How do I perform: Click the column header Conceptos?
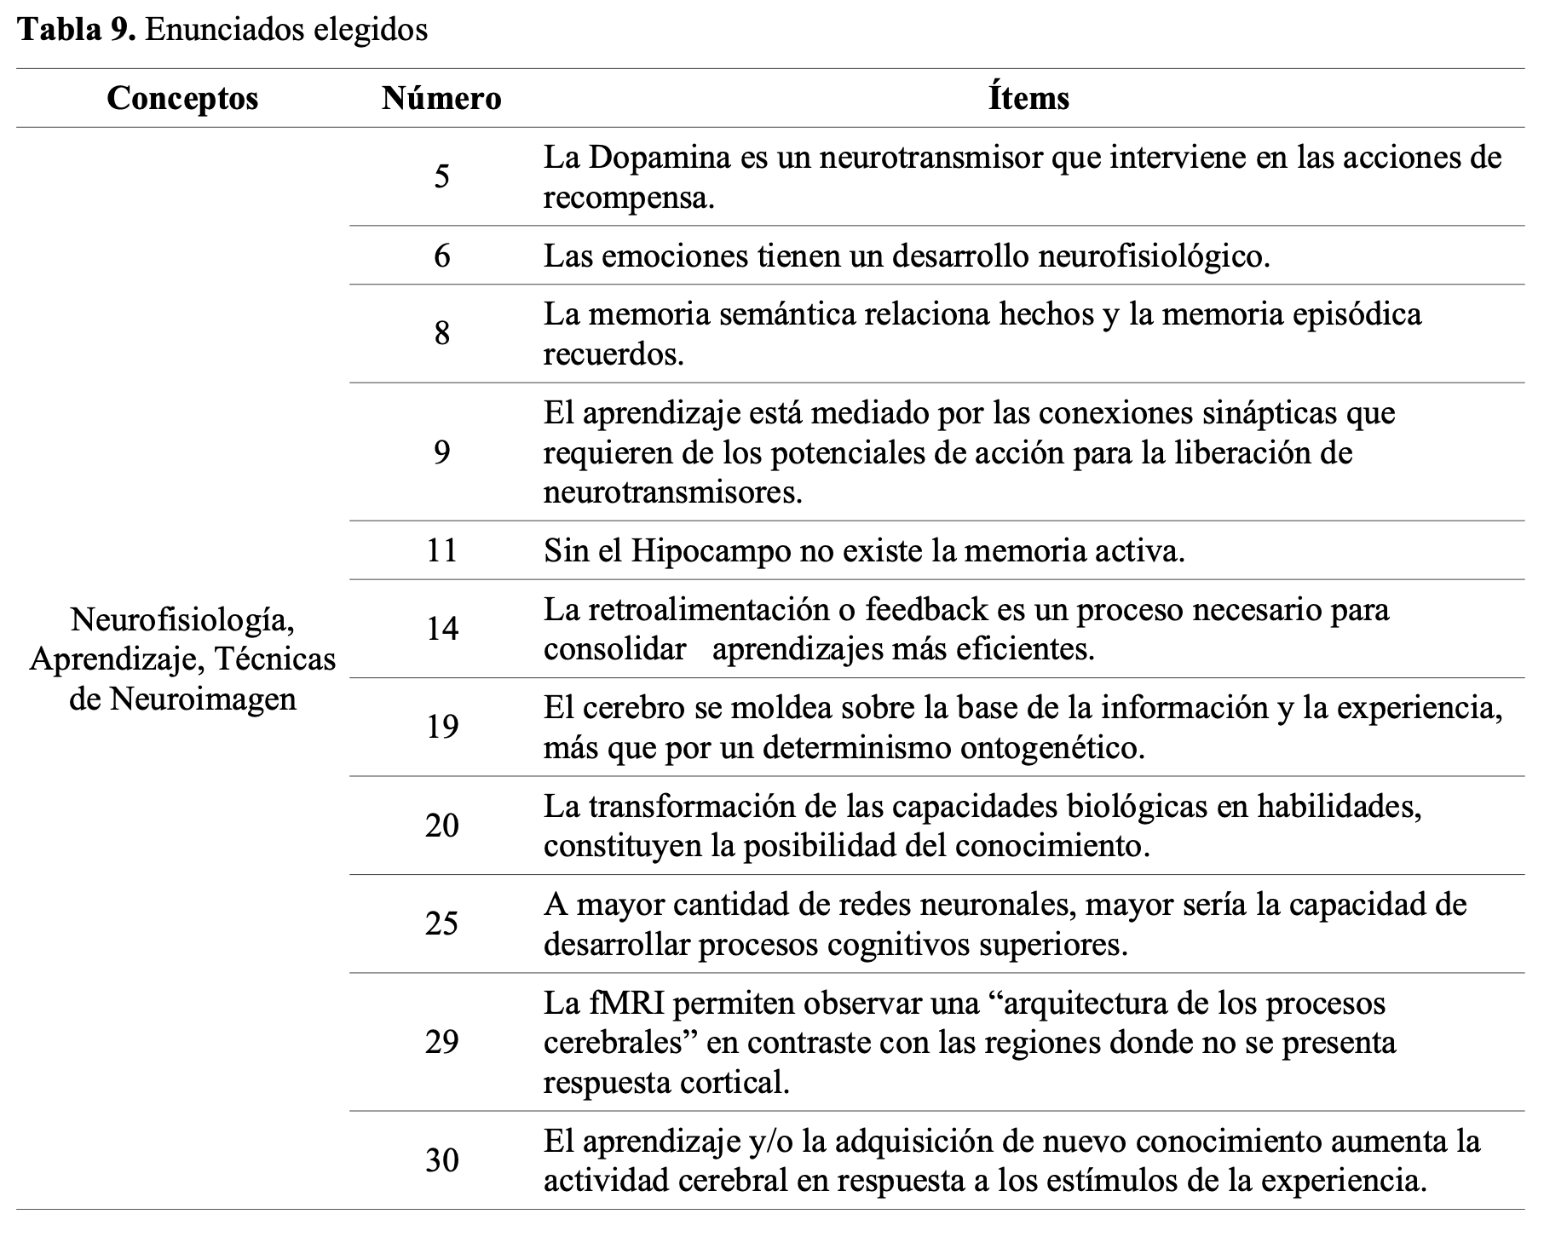click(182, 99)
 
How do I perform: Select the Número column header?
click(441, 99)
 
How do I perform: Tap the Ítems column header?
click(1028, 99)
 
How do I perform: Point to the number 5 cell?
click(441, 177)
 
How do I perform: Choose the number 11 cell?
click(441, 551)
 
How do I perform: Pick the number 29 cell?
click(441, 1043)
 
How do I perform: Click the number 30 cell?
click(441, 1161)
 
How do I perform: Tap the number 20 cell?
click(441, 826)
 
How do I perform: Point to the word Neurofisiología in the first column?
click(182, 619)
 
